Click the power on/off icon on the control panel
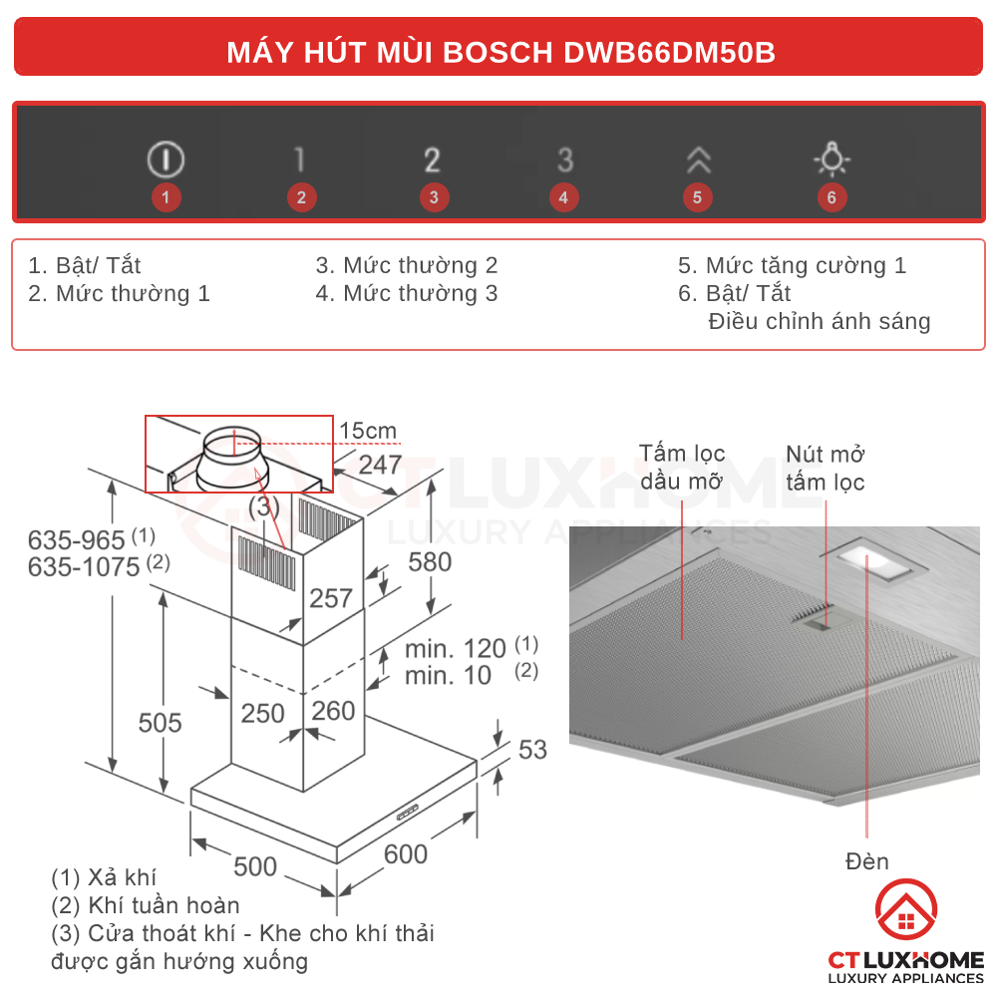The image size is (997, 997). [x=166, y=160]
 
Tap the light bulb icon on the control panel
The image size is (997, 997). [x=831, y=160]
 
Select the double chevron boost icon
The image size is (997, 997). [x=697, y=160]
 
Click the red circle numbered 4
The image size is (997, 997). [x=563, y=197]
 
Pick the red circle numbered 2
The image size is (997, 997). [x=301, y=197]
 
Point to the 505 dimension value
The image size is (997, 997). [x=160, y=722]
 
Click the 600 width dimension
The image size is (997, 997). [x=405, y=854]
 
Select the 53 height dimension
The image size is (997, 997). [x=532, y=749]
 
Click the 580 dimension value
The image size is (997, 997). [x=430, y=561]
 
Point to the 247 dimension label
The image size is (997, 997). [x=380, y=465]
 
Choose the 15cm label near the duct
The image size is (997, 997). [x=368, y=431]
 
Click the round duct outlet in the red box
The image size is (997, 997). [x=231, y=458]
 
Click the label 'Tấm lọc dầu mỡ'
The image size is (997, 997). [x=683, y=468]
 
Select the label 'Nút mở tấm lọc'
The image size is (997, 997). [x=825, y=469]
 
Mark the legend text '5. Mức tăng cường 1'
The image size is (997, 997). [x=792, y=265]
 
